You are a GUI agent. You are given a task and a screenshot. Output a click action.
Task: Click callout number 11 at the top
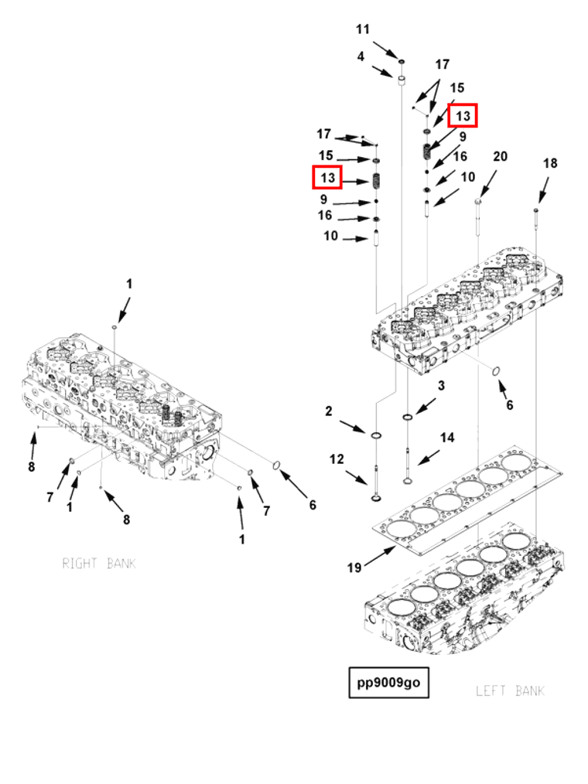click(x=363, y=29)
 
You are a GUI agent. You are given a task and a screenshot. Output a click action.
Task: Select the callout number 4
click(x=361, y=56)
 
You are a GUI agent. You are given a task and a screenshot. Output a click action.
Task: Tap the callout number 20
click(x=501, y=156)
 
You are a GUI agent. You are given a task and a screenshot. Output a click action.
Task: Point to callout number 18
click(x=550, y=163)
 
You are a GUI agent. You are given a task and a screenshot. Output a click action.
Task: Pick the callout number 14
click(x=447, y=438)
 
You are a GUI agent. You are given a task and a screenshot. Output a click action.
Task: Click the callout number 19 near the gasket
click(x=354, y=568)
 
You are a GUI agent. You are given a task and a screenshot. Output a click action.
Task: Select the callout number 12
click(x=337, y=459)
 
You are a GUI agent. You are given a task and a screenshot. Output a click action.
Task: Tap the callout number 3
click(x=441, y=386)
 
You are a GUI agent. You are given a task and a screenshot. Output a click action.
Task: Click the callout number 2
click(x=329, y=411)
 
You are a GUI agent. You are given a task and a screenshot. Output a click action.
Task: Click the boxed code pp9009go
click(x=388, y=683)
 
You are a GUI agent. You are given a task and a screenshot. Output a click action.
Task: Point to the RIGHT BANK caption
click(x=99, y=564)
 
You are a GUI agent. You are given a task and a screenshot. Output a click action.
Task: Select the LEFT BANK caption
click(x=510, y=690)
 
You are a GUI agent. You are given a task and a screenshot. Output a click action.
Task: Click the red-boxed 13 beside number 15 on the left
click(x=327, y=178)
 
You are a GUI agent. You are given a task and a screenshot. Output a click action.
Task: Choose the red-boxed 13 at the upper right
click(x=463, y=116)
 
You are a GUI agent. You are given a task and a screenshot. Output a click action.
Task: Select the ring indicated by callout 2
click(x=376, y=438)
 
